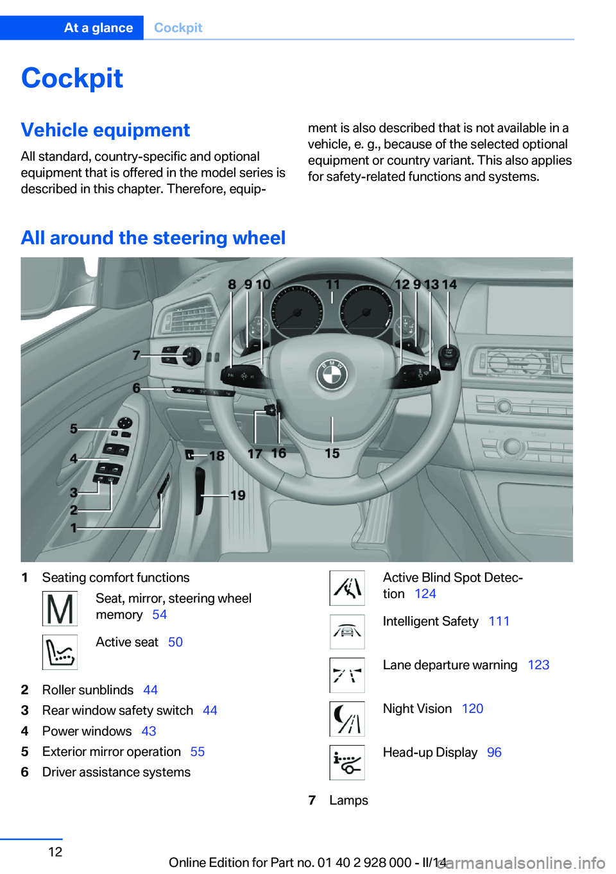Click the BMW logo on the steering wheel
(331, 374)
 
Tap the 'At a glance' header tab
(98, 28)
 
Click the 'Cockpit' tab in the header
(178, 28)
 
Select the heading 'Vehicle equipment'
(105, 130)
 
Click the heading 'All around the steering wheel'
(153, 238)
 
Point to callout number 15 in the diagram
(332, 454)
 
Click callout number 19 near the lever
(238, 495)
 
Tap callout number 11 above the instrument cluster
(332, 284)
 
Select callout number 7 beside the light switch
(136, 355)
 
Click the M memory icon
(60, 608)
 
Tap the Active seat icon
(60, 652)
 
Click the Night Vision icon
(347, 719)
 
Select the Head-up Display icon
(347, 762)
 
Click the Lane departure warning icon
(347, 675)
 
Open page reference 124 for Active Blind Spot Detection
(425, 594)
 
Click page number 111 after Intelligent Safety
(499, 621)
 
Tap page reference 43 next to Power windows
(149, 732)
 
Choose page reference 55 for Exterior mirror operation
(198, 752)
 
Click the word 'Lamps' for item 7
(348, 801)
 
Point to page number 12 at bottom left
(56, 852)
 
